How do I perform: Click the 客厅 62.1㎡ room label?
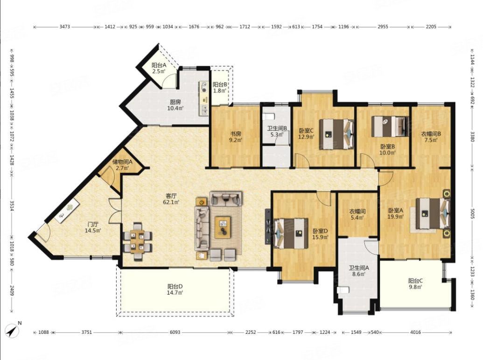[x=171, y=199]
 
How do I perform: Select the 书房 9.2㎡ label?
[x=236, y=137]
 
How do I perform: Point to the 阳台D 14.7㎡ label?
[x=175, y=289]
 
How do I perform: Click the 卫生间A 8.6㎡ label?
[x=359, y=271]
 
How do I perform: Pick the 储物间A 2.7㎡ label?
[x=122, y=165]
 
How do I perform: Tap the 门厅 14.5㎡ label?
[x=93, y=227]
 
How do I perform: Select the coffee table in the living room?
[x=223, y=227]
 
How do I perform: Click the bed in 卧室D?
[x=291, y=233]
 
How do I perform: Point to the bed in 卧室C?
[x=336, y=134]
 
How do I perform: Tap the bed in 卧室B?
[x=390, y=126]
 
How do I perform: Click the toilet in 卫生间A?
[x=343, y=290]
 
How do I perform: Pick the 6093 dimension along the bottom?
[x=175, y=332]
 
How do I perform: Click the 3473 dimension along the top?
[x=65, y=27]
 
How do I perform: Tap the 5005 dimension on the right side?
[x=473, y=213]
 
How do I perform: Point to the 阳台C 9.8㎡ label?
[x=415, y=283]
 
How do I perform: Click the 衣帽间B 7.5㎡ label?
[x=431, y=137]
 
